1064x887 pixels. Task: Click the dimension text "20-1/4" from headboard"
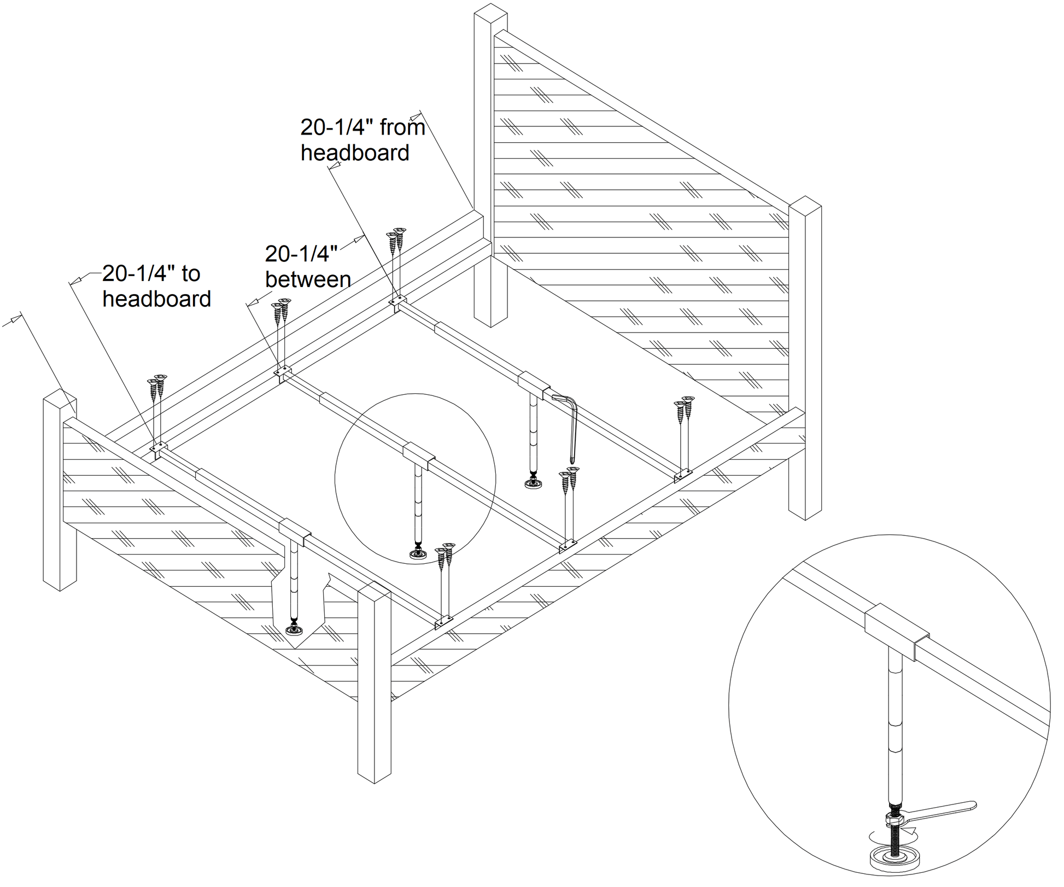click(x=362, y=140)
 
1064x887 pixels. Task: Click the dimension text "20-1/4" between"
click(x=307, y=267)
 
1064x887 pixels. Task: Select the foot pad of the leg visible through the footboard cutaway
click(x=297, y=631)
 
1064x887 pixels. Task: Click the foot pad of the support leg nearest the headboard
click(x=533, y=483)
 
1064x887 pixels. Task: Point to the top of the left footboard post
click(x=59, y=398)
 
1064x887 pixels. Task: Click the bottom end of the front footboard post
click(x=375, y=777)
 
